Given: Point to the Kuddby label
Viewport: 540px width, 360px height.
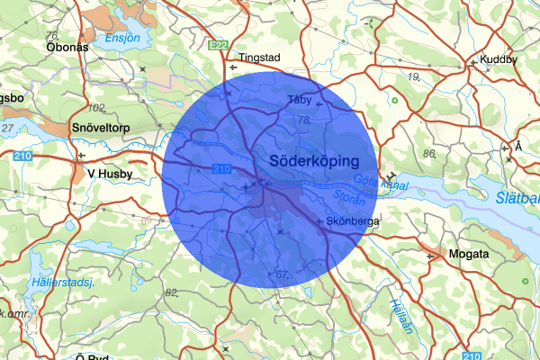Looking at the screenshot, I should (499, 59).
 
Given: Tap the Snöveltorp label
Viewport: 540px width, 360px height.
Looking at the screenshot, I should (101, 128).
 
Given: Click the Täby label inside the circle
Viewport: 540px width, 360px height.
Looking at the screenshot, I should (298, 99).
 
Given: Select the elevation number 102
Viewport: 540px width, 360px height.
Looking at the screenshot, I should (97, 108).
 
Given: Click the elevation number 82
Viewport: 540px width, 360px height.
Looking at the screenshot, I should (172, 292).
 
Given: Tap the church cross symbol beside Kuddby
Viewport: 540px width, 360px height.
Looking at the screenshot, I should (472, 63).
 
